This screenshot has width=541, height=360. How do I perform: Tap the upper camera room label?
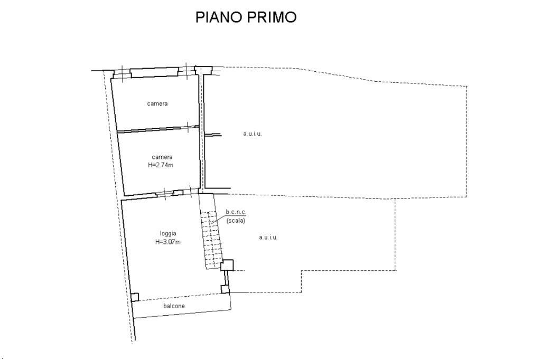tap(157, 103)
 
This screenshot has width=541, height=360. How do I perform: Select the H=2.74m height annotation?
tap(162, 165)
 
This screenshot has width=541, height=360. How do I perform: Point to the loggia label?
tap(168, 233)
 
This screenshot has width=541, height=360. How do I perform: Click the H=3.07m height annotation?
tap(168, 242)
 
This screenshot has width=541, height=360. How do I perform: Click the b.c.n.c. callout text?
tap(236, 212)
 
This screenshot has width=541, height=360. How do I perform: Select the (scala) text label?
tap(236, 221)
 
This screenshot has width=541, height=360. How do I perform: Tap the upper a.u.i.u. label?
tap(253, 134)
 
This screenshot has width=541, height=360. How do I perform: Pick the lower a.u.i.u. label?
tap(268, 238)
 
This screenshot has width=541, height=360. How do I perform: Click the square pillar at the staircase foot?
tap(228, 265)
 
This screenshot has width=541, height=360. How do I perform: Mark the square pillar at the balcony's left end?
tap(135, 297)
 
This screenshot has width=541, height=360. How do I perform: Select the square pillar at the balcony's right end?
tap(226, 289)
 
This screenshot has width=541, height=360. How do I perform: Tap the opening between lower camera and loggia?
tap(170, 193)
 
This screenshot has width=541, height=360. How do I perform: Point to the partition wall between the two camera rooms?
tap(157, 129)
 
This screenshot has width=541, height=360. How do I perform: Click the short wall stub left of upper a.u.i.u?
tap(213, 135)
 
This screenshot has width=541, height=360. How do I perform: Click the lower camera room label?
tap(162, 157)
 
